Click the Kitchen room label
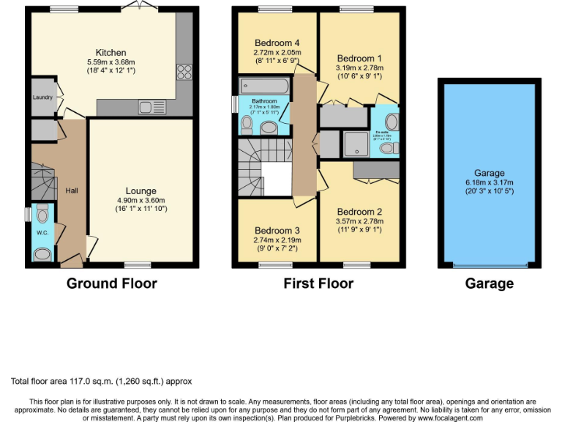click(110, 53)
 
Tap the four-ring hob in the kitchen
click(183, 73)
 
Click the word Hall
click(72, 190)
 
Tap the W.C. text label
click(42, 234)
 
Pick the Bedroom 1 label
click(359, 58)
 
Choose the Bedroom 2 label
click(359, 211)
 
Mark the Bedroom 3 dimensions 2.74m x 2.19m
click(276, 240)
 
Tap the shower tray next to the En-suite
click(356, 144)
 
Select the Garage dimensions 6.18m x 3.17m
click(489, 182)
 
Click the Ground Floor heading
click(112, 284)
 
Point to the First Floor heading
click(318, 284)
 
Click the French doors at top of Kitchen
click(135, 7)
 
